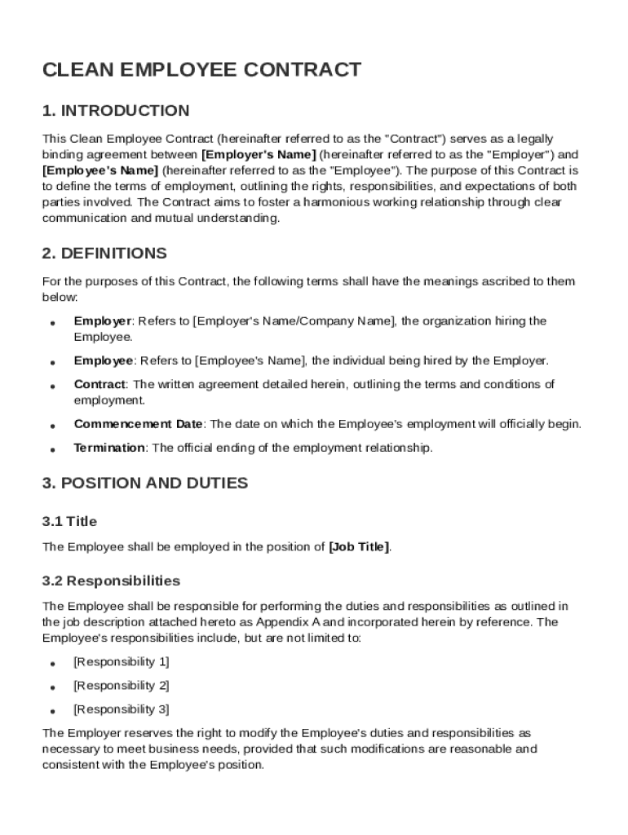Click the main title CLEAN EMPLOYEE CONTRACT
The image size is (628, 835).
point(201,70)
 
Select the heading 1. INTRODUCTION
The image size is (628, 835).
point(116,111)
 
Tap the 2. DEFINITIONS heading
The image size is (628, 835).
point(104,253)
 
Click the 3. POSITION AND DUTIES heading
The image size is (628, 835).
point(145,483)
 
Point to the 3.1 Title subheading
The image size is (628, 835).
point(69,520)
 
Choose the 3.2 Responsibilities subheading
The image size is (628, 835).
point(111,581)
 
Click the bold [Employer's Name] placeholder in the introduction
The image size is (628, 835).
point(259,154)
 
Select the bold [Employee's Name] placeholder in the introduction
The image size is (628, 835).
point(100,170)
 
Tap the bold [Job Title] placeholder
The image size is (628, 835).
point(359,547)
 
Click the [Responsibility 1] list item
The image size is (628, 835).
point(122,661)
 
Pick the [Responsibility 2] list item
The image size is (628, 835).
point(122,685)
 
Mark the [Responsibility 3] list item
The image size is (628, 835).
point(122,709)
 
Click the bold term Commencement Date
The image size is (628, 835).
point(138,424)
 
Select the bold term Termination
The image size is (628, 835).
point(109,448)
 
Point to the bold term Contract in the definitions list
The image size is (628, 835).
point(100,384)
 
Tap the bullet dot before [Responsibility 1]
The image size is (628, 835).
point(52,664)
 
